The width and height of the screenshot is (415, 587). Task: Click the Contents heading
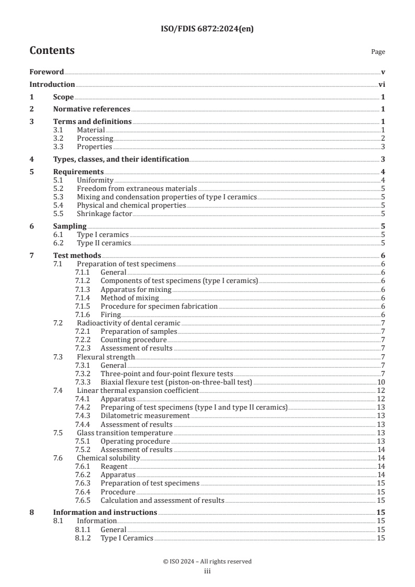pyautogui.click(x=52, y=51)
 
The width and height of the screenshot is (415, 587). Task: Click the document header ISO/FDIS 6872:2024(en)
pyautogui.click(x=207, y=29)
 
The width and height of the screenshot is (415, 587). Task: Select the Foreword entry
pyautogui.click(x=47, y=72)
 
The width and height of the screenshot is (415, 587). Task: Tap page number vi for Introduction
pyautogui.click(x=382, y=85)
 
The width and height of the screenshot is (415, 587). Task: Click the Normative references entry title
pyautogui.click(x=92, y=109)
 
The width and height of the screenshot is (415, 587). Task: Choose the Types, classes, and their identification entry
pyautogui.click(x=121, y=159)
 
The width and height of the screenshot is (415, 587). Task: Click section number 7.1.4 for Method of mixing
pyautogui.click(x=84, y=298)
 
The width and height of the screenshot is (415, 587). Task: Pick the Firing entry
pyautogui.click(x=110, y=314)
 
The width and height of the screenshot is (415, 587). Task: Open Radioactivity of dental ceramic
pyautogui.click(x=128, y=323)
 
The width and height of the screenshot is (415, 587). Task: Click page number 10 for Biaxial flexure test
pyautogui.click(x=381, y=382)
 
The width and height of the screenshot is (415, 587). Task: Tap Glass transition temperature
pyautogui.click(x=125, y=433)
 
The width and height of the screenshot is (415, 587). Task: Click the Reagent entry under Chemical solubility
pyautogui.click(x=114, y=466)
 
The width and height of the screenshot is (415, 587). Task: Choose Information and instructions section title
pyautogui.click(x=105, y=512)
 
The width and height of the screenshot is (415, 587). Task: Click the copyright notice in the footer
pyautogui.click(x=207, y=561)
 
